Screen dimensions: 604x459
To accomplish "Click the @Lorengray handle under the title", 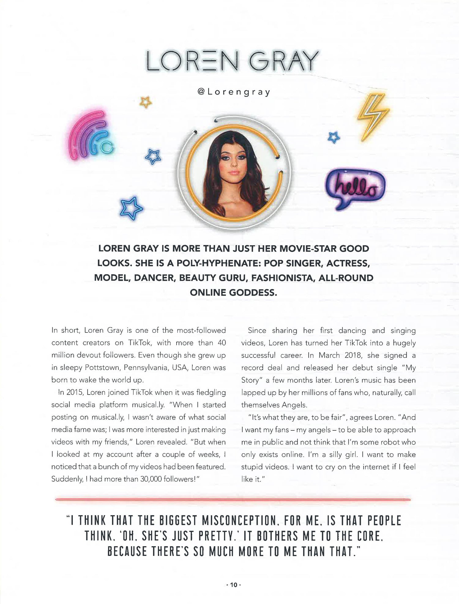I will (234, 92).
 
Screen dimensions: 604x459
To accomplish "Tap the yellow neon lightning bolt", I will (373, 118).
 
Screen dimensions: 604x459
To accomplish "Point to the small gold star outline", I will (146, 102).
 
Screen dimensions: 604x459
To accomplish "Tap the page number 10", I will (234, 585).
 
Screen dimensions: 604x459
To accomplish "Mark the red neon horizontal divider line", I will (233, 500).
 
